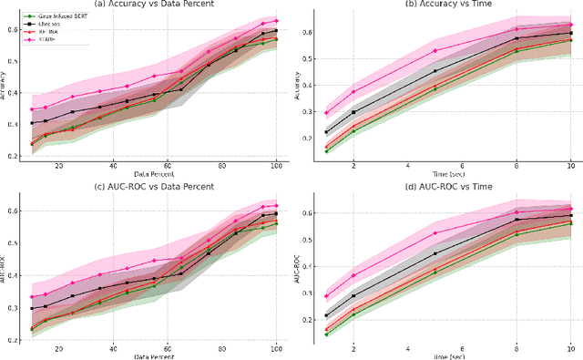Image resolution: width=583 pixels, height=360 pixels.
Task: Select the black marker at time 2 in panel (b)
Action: click(x=354, y=112)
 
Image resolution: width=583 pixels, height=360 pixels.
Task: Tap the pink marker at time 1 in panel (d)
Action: click(x=327, y=296)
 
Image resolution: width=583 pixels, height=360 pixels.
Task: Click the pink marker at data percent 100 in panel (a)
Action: click(x=276, y=20)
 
